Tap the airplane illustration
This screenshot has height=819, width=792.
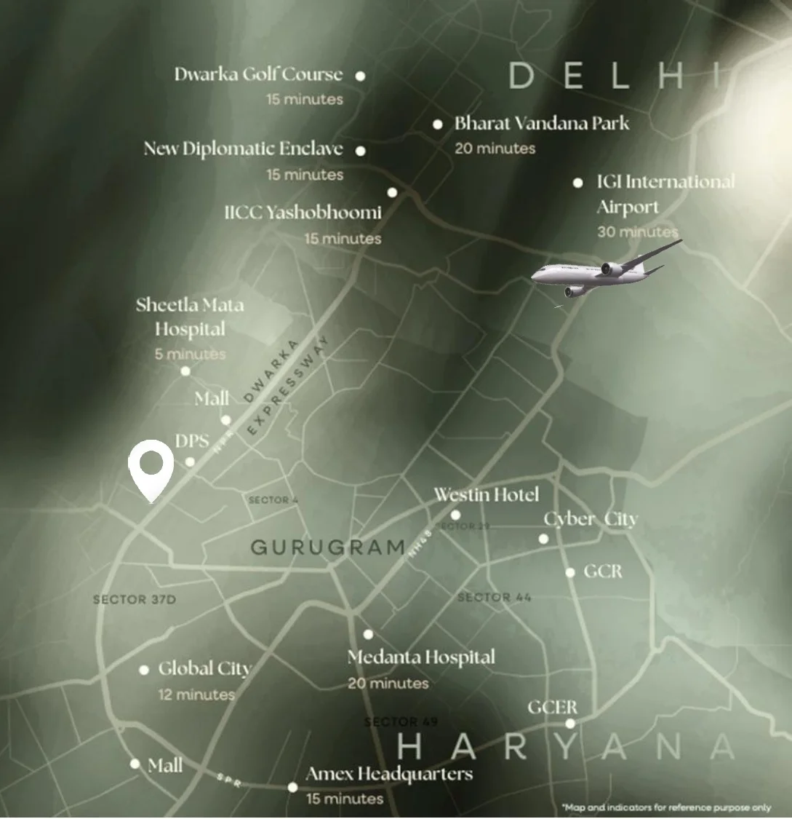[604, 270]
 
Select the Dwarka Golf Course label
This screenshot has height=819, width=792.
[258, 74]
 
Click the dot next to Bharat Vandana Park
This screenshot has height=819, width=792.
[438, 124]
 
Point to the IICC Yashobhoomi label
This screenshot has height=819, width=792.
[303, 213]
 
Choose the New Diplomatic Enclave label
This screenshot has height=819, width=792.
[243, 149]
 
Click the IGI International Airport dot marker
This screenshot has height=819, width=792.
[577, 183]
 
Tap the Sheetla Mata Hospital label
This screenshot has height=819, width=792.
[190, 317]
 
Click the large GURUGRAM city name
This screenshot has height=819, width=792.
[327, 547]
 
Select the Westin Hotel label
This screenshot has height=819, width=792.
[487, 495]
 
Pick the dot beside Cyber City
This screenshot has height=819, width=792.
[543, 539]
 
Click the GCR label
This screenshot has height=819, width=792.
[603, 571]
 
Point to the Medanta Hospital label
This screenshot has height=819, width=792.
[421, 657]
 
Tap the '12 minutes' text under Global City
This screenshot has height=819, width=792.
[196, 695]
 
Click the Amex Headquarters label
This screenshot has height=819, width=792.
[389, 774]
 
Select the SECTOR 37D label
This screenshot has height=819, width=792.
[135, 600]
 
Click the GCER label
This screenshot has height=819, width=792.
[553, 708]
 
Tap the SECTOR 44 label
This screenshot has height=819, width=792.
[495, 598]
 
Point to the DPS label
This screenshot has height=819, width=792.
[192, 441]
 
